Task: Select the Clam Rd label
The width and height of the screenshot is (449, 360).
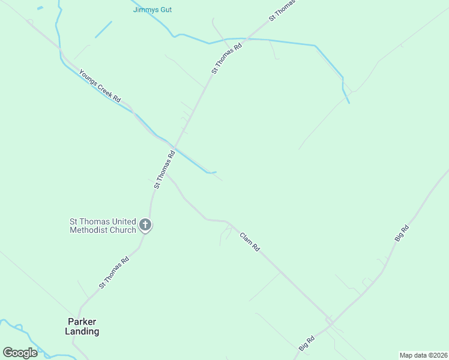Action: [x=249, y=241]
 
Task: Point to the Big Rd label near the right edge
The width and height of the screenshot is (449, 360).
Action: [x=402, y=233]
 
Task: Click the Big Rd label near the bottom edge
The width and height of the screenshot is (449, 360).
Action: [x=306, y=344]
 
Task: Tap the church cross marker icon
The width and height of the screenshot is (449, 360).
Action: [x=145, y=226]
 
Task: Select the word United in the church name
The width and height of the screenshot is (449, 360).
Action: [x=120, y=221]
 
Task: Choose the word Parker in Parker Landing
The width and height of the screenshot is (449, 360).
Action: [x=82, y=322]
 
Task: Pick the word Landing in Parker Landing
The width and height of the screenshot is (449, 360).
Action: [x=82, y=331]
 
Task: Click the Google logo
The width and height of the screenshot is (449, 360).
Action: [x=20, y=353]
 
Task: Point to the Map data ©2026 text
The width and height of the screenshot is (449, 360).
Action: [x=423, y=355]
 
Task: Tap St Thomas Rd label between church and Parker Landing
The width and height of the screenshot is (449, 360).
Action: [x=114, y=273]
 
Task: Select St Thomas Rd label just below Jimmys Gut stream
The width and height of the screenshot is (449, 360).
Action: [x=226, y=58]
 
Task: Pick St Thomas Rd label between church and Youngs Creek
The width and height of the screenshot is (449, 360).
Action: [x=164, y=170]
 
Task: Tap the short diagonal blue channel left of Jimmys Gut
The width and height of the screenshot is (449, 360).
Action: [x=103, y=29]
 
